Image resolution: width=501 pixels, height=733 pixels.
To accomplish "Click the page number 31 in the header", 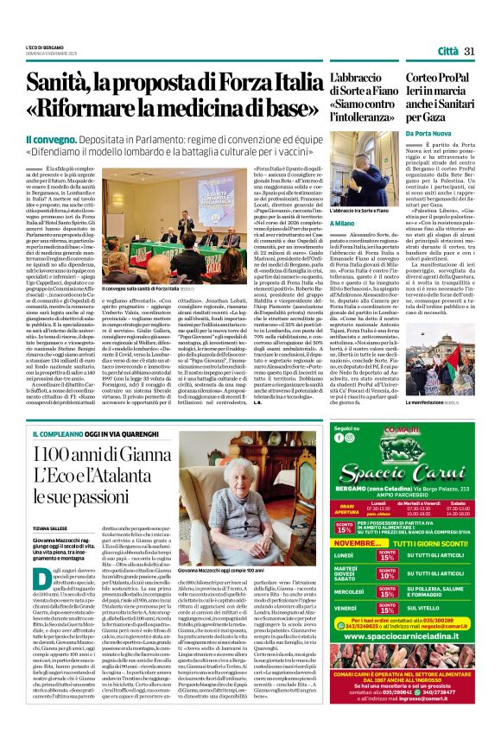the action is tap(470, 52).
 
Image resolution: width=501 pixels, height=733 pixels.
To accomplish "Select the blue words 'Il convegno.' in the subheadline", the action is tap(54, 139).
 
